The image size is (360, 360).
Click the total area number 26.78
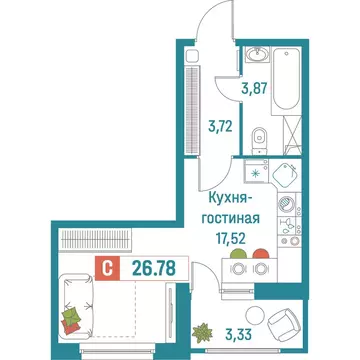click(146, 266)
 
